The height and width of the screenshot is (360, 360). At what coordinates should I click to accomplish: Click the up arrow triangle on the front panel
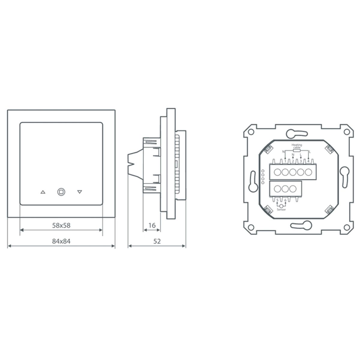(x=43, y=192)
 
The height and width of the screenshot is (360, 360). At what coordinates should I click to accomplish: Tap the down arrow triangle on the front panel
(x=79, y=192)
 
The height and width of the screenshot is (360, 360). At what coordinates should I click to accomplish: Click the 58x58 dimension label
(x=61, y=225)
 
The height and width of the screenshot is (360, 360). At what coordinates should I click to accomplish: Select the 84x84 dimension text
(x=61, y=241)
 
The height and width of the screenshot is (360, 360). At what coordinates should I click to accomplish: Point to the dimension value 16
(x=152, y=225)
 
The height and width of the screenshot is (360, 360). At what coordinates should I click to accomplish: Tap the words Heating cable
(x=297, y=146)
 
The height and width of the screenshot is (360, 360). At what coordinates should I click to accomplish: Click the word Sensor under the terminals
(x=281, y=210)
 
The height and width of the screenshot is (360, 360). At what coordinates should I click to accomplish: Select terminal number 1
(x=285, y=161)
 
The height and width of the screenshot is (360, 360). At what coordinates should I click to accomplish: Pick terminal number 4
(x=308, y=161)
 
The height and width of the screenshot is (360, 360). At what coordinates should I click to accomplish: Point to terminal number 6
(x=285, y=200)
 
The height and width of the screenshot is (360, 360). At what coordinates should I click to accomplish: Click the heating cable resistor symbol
(x=297, y=151)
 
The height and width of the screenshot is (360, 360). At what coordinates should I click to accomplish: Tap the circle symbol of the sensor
(x=281, y=205)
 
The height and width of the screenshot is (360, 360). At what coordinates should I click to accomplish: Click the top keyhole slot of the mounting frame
(x=296, y=133)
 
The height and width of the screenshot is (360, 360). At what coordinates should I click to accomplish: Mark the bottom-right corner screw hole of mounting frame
(x=346, y=226)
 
